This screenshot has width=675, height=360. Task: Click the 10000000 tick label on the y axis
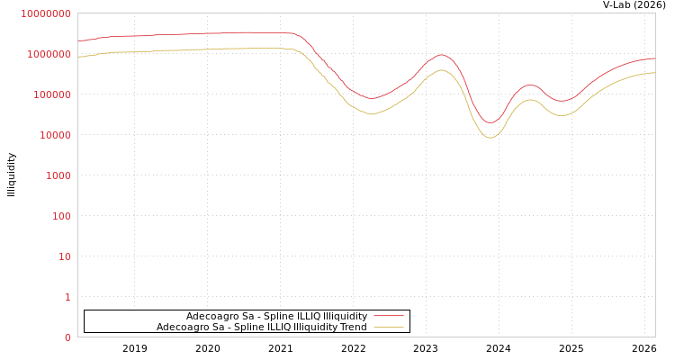pyautogui.click(x=45, y=13)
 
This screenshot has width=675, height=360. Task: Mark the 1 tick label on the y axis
pyautogui.click(x=67, y=297)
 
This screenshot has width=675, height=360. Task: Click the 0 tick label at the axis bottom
pyautogui.click(x=67, y=337)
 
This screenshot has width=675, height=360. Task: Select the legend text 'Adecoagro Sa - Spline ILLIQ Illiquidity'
pyautogui.click(x=276, y=316)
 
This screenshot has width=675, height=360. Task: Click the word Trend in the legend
pyautogui.click(x=352, y=327)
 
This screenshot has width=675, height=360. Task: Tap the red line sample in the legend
pyautogui.click(x=388, y=316)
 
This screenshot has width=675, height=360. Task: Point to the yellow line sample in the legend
pyautogui.click(x=388, y=327)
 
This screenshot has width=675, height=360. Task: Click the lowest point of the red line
pyautogui.click(x=490, y=122)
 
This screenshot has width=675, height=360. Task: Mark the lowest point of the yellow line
pyautogui.click(x=490, y=138)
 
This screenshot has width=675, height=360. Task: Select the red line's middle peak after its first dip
pyautogui.click(x=441, y=55)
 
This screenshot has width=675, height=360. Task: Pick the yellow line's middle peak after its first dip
pyautogui.click(x=441, y=70)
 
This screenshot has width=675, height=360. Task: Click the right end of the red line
pyautogui.click(x=654, y=58)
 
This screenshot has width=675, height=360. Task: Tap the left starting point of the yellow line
pyautogui.click(x=78, y=57)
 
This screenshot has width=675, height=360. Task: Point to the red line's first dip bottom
pyautogui.click(x=371, y=98)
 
